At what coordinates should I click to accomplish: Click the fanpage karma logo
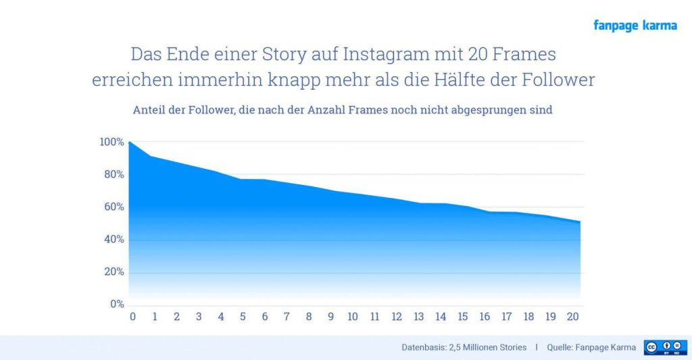click(x=635, y=26)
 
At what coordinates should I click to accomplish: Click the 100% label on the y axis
click(x=112, y=142)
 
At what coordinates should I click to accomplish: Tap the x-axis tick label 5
click(x=243, y=316)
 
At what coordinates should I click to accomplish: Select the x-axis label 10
click(x=353, y=316)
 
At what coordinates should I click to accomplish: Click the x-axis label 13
click(x=419, y=316)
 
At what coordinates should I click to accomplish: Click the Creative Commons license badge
click(x=665, y=347)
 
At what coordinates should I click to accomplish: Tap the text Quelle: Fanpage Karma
click(x=591, y=347)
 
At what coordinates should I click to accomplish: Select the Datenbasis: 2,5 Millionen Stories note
click(x=464, y=347)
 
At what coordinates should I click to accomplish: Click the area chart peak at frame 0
click(x=129, y=142)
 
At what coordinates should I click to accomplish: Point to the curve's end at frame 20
click(x=580, y=222)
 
